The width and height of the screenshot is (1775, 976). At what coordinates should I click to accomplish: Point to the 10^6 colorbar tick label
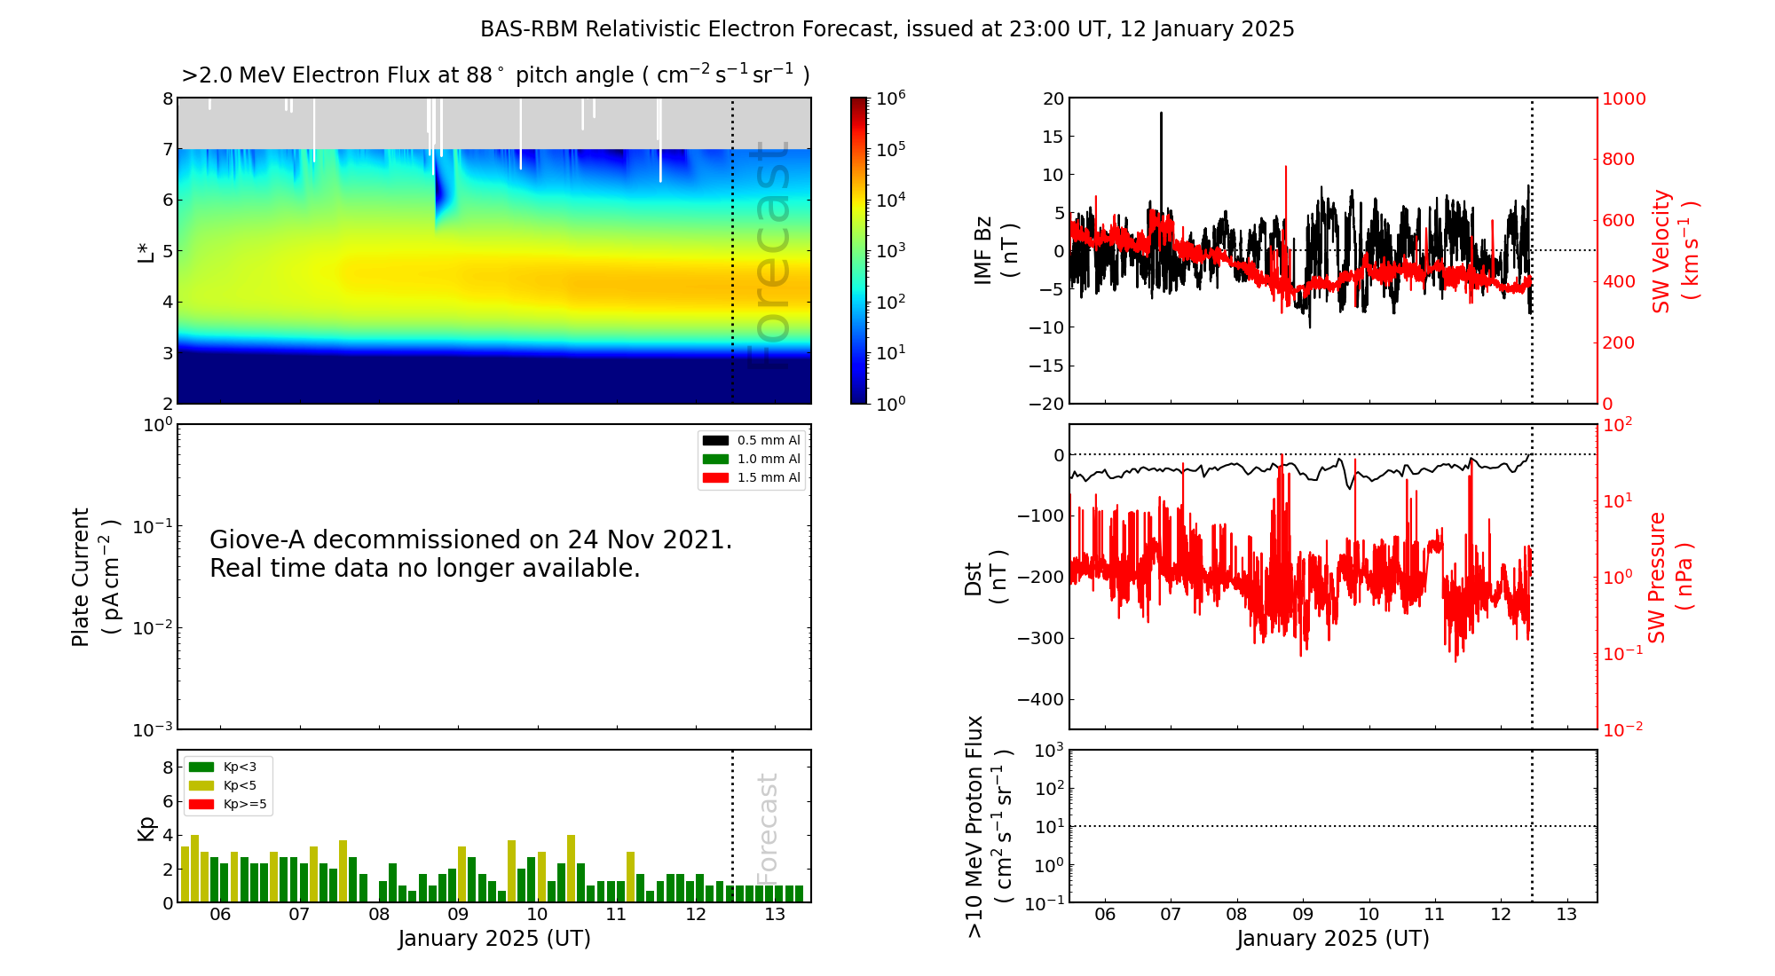coord(890,98)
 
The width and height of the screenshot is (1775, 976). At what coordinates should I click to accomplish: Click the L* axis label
coord(146,251)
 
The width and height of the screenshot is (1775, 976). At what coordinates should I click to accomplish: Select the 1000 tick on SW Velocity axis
coord(1623,98)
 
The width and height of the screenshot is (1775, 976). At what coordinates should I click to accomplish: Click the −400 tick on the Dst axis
coord(1040,699)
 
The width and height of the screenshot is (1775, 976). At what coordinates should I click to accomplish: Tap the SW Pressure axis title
coord(1669,577)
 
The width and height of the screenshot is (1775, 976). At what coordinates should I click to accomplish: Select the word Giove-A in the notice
coord(257,539)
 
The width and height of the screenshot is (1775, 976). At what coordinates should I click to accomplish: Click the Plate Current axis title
coord(93,577)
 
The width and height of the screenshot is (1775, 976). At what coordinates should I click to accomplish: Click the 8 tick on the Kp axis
coord(168,767)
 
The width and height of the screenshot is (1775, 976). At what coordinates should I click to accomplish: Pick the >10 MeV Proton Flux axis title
coord(988,826)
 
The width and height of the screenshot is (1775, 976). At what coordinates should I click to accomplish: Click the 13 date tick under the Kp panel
coord(775,915)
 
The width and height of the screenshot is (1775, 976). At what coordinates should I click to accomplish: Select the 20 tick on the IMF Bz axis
coord(1053,98)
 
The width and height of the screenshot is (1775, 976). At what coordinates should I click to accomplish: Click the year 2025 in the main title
coord(1267,29)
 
